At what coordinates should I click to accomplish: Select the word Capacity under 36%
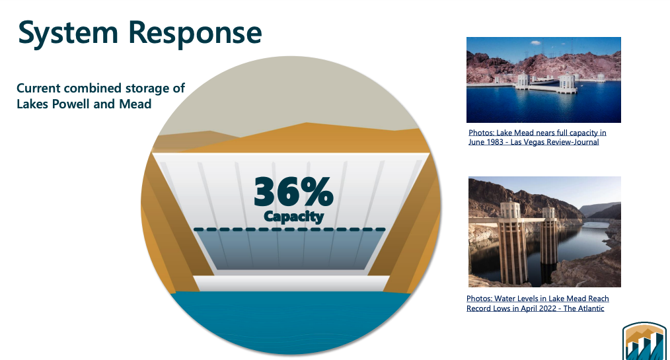pos(293,216)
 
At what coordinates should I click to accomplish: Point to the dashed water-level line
pos(290,229)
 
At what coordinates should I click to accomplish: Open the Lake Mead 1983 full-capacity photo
pos(544,79)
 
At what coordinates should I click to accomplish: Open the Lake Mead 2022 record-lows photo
pos(544,231)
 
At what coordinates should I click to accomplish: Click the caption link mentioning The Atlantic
pos(537,303)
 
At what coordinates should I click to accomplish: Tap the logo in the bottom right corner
pos(644,342)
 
